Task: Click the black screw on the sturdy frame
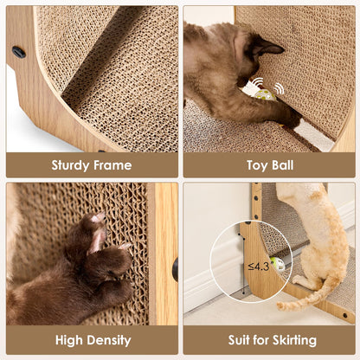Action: click(19, 52)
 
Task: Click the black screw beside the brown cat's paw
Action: click(175, 269)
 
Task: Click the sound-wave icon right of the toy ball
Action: click(280, 88)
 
